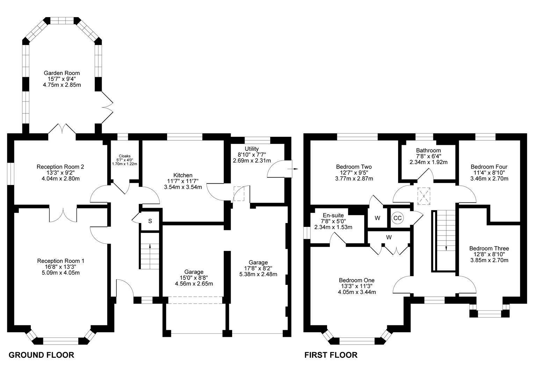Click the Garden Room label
click(x=62, y=73)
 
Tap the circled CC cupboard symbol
click(x=397, y=218)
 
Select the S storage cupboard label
click(x=150, y=221)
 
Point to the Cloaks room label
click(x=125, y=156)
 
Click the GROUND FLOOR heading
click(x=41, y=355)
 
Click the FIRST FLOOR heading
click(x=331, y=355)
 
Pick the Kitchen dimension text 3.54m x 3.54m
click(x=183, y=187)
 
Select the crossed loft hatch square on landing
click(x=424, y=196)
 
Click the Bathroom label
click(x=428, y=150)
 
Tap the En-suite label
click(x=333, y=215)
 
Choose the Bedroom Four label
click(x=489, y=167)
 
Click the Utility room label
click(x=252, y=149)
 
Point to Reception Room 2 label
click(x=60, y=167)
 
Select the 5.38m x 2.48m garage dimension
click(x=258, y=274)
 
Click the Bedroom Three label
click(x=489, y=249)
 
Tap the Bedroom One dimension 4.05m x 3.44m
click(x=357, y=292)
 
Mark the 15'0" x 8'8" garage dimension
click(x=194, y=278)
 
